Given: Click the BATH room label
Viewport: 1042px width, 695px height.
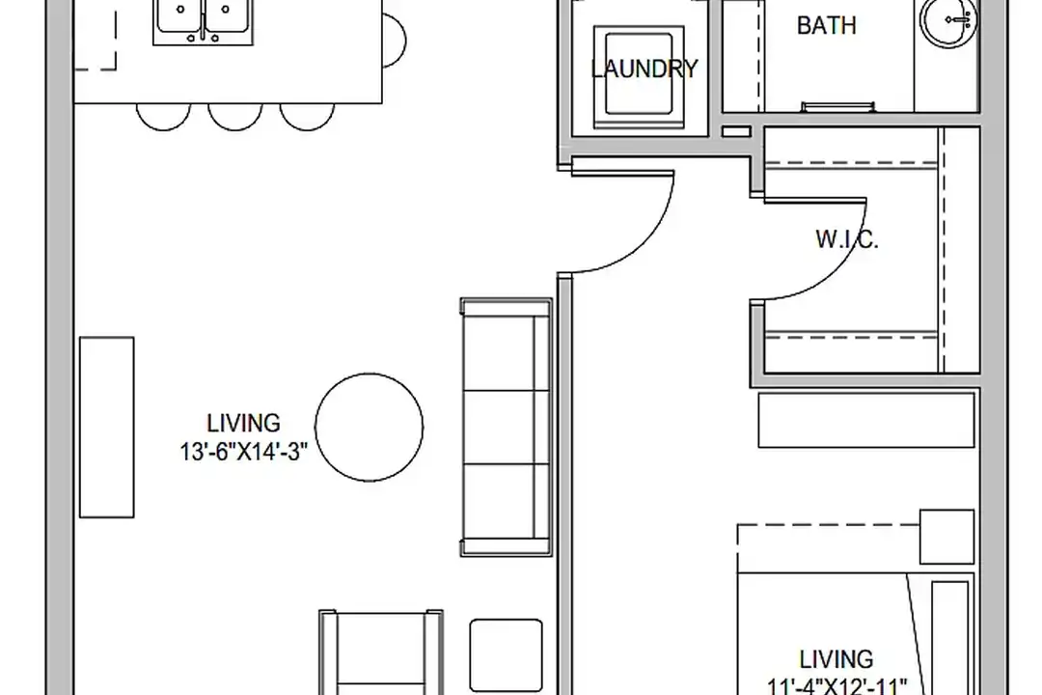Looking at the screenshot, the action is (x=826, y=25).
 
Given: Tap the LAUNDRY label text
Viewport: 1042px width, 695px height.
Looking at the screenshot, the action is (x=644, y=69).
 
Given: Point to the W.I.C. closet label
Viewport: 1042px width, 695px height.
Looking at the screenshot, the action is (x=847, y=239).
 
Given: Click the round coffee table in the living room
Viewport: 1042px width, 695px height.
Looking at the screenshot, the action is (x=369, y=427).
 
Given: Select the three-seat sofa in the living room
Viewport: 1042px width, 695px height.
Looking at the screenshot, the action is (x=507, y=427).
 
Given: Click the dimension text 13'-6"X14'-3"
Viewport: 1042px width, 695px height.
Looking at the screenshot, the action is (x=243, y=453).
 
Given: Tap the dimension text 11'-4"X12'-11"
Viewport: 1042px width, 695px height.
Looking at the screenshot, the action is (x=836, y=685).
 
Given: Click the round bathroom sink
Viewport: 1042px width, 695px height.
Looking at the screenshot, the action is (x=949, y=20).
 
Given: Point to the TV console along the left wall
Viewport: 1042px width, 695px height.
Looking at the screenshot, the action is (x=106, y=427).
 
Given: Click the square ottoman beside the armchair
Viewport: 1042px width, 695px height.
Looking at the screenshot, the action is (x=506, y=655).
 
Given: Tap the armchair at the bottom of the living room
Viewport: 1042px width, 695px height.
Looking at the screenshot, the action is (x=381, y=652).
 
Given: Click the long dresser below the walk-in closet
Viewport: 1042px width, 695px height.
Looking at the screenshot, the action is (x=866, y=420).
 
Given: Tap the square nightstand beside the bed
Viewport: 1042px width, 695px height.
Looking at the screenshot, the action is (x=947, y=538).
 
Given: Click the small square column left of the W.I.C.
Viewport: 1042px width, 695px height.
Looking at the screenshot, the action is (x=736, y=131).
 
